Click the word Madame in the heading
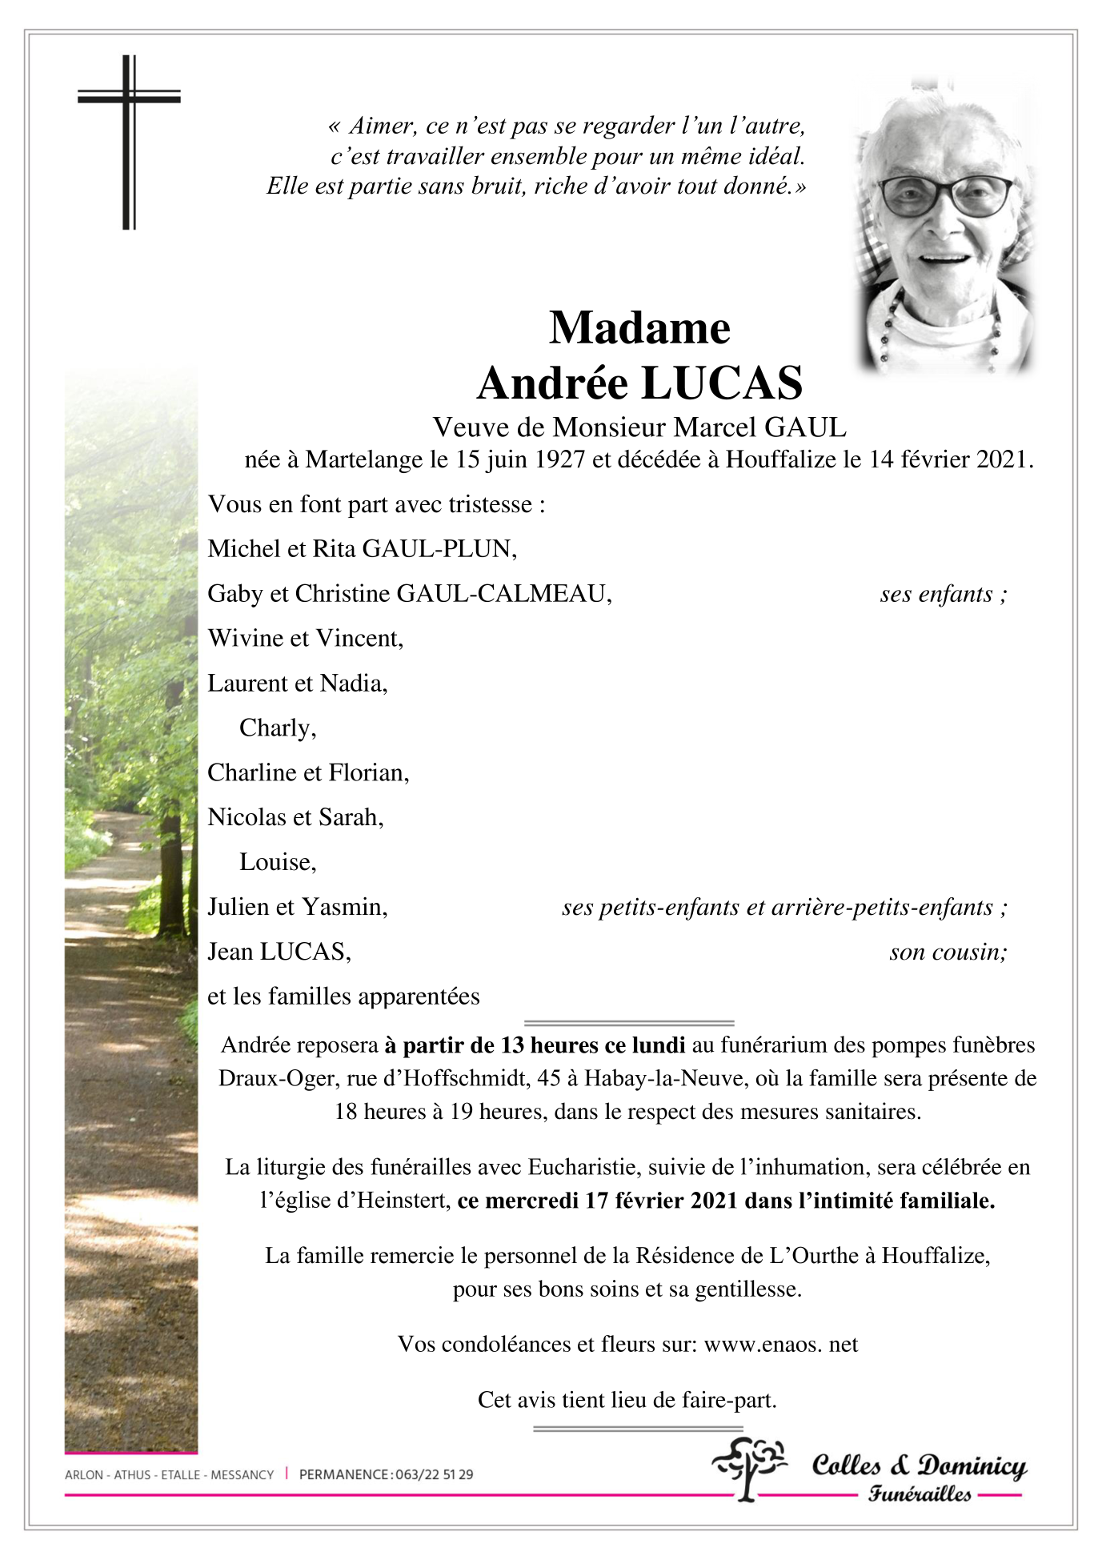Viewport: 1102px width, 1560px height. (639, 327)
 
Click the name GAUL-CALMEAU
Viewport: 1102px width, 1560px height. (503, 594)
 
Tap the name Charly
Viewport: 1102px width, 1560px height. (277, 728)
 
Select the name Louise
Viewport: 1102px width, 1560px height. (277, 862)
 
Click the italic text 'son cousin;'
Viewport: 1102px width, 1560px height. (948, 952)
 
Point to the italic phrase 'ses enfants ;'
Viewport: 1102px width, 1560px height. (943, 594)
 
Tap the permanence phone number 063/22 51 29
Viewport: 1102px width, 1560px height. (434, 1474)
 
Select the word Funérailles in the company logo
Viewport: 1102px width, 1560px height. (920, 1494)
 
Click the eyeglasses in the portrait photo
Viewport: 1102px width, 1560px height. (945, 194)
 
